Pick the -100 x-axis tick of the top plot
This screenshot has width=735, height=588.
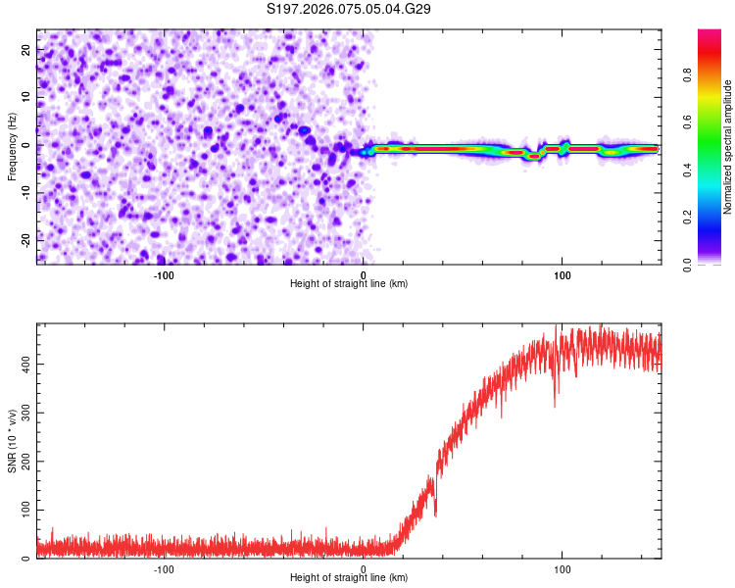(164, 275)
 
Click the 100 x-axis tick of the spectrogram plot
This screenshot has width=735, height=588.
(563, 275)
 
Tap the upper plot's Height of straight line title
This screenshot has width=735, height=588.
(349, 284)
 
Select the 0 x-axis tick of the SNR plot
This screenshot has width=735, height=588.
(364, 569)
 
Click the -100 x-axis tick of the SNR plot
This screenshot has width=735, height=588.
(164, 569)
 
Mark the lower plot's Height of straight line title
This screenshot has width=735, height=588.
(349, 578)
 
